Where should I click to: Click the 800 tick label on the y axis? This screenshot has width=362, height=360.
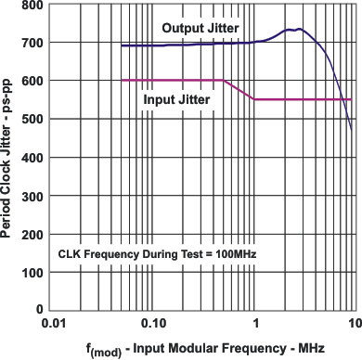33,6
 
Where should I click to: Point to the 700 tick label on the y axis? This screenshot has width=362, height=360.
33,44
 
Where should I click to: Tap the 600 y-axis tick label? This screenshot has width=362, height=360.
33,82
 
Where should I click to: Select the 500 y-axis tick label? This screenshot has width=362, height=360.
33,120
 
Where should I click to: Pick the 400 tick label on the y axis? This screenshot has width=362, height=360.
33,158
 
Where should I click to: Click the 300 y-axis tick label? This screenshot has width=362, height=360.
33,196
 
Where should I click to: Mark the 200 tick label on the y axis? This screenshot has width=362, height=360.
33,234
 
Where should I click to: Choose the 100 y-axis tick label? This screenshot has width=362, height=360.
33,272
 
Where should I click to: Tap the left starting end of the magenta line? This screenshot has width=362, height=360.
123,81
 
